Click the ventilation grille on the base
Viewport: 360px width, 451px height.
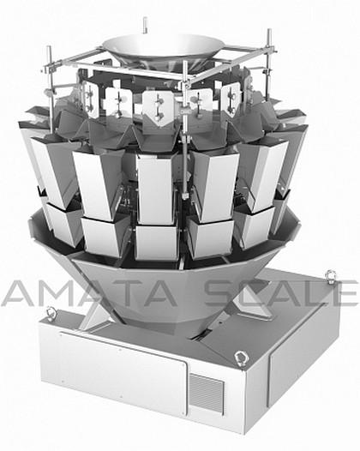206,394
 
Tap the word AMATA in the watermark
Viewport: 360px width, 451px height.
89,292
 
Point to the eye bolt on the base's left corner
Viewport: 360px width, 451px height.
51,312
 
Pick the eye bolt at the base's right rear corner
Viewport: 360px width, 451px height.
331,277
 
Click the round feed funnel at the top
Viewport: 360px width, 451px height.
164,47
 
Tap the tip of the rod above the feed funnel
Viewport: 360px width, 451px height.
145,18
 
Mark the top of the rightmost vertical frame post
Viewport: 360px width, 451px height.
269,30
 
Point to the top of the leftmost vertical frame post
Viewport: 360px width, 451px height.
49,47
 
